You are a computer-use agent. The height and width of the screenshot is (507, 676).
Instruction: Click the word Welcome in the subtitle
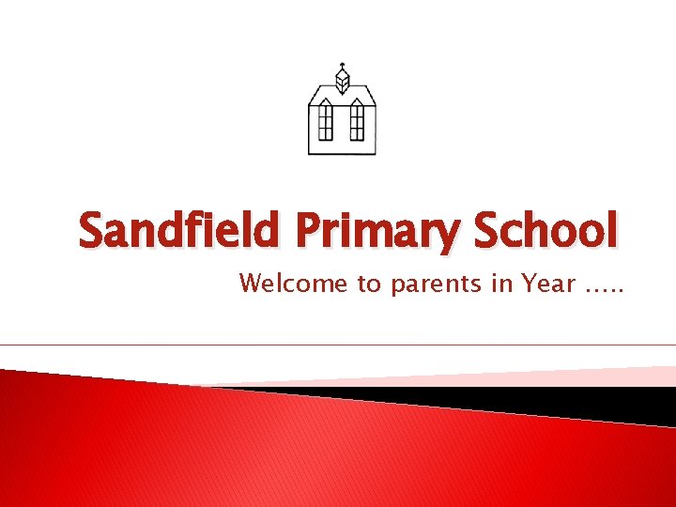[293, 283]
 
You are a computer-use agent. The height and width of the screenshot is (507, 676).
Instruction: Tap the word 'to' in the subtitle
[367, 284]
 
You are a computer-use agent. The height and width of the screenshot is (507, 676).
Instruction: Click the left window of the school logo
[326, 119]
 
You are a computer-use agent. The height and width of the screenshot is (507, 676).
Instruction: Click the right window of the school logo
[357, 119]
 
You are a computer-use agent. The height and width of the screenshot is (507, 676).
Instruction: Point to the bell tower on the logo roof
[342, 83]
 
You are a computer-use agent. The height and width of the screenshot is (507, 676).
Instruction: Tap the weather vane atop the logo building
[342, 65]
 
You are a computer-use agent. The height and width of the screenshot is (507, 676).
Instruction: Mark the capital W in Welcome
[252, 283]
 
